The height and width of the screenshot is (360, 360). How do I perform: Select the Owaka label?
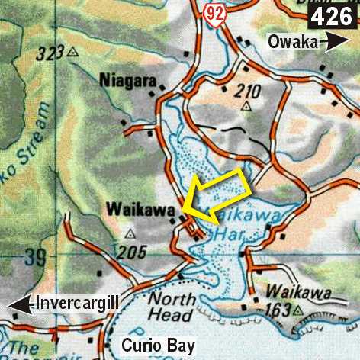(x=292, y=43)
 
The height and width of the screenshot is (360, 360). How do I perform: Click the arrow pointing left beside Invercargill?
(x=18, y=305)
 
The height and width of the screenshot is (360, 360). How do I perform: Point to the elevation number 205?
(x=130, y=252)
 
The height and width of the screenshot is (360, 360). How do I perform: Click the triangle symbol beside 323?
(x=72, y=52)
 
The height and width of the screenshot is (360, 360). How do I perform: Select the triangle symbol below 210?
(x=246, y=107)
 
